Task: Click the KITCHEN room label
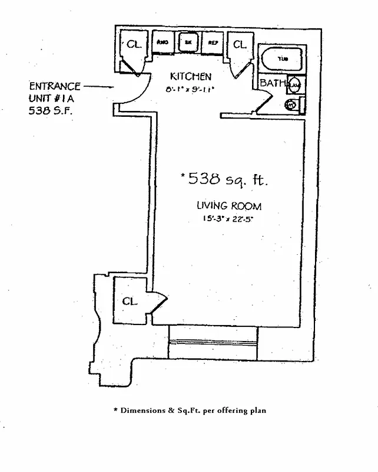[190, 77]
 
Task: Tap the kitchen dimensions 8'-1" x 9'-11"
[190, 89]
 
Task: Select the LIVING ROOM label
[229, 206]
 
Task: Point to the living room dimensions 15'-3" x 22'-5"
[229, 219]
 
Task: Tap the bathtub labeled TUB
[283, 60]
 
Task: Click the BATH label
[272, 83]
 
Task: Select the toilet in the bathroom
[291, 105]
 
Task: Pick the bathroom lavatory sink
[295, 86]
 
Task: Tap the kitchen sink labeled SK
[188, 42]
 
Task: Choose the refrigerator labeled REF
[212, 42]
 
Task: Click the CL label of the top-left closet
[134, 44]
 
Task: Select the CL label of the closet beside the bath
[239, 44]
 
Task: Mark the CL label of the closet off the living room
[130, 301]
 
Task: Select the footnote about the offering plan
[189, 410]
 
